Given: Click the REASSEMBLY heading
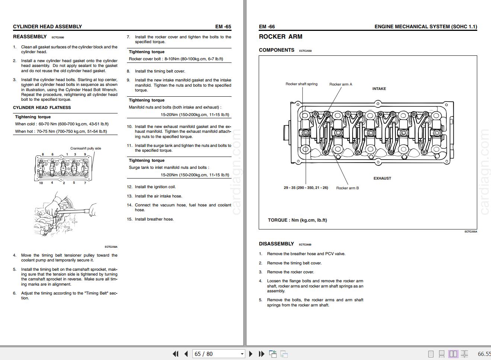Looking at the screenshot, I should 30,37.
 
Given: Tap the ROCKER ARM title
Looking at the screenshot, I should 280,37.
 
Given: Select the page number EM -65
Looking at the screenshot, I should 223,26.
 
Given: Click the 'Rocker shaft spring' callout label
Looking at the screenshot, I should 301,84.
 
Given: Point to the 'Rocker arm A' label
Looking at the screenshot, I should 340,84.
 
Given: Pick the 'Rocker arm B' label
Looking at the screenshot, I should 347,188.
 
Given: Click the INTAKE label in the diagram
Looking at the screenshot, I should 379,89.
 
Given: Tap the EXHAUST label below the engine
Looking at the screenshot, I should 382,179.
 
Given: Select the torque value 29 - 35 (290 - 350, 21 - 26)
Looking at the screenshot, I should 306,188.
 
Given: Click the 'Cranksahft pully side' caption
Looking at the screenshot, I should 86,148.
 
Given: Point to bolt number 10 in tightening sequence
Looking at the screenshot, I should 41,183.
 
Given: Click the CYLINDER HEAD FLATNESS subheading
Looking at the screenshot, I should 42,108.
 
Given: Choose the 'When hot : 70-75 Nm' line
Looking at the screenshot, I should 61,131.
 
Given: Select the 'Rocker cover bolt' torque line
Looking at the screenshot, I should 176,59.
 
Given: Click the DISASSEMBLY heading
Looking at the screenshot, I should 276,244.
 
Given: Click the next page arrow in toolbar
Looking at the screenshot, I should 251,354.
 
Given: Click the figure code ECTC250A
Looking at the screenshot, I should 111,247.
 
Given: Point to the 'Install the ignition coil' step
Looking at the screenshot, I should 155,187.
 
